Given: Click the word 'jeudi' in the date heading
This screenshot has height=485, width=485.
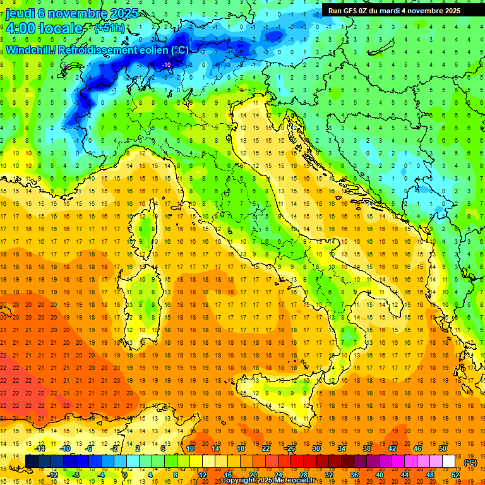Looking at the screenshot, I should coord(21,13).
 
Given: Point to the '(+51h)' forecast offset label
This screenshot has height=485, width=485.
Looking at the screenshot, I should coord(109,28).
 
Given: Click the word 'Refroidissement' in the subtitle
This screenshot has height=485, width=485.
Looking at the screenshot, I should coord(106,50).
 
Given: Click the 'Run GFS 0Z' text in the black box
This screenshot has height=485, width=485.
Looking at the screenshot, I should coord(349,11).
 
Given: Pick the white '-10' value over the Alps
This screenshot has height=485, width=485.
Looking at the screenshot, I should coord(167,64).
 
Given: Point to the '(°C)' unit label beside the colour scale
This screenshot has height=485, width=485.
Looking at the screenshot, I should coord(470,462).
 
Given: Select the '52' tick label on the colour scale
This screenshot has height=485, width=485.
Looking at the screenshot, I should coord(455,475).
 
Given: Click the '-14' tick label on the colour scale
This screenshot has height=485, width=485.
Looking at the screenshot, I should coord(40,448).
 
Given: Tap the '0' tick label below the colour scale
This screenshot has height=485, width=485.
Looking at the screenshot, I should coord(125,475).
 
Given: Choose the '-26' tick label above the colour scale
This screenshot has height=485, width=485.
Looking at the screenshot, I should coord(290,448).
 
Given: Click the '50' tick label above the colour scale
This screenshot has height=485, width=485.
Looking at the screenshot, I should coord(443,448).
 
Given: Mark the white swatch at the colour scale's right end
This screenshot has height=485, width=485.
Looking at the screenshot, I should coord(448,462).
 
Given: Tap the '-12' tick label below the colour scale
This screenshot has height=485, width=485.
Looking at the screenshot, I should coord(53,475).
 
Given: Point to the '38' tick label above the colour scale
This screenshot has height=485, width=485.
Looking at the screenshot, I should coord(366,448).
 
